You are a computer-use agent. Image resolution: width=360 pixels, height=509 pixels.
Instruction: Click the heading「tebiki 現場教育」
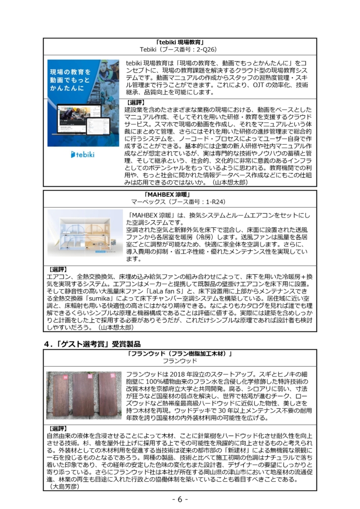[x=180, y=42]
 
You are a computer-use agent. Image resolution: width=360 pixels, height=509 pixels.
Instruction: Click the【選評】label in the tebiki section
[x=134, y=102]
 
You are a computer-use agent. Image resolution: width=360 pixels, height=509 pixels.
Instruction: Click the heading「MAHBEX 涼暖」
[x=180, y=194]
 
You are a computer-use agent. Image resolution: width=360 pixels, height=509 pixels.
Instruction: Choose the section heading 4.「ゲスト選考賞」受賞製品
[x=91, y=343]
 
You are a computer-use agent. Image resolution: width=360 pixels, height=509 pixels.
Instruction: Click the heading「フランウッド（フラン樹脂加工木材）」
[x=180, y=353]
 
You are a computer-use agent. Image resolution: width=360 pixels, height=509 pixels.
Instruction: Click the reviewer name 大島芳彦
[x=66, y=486]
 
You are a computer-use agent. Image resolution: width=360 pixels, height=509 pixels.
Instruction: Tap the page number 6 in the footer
[x=180, y=499]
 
